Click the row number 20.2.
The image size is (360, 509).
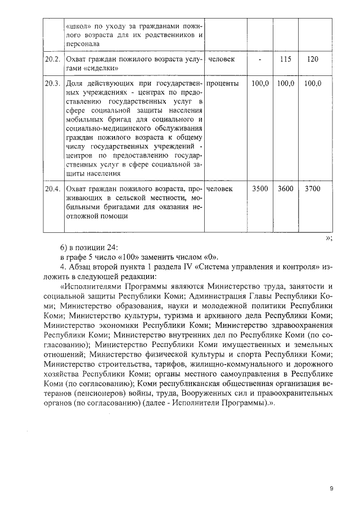(52, 59)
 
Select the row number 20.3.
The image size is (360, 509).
(52, 84)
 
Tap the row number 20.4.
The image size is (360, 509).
(52, 189)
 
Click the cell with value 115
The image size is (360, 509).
(285, 59)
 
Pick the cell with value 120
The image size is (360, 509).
(313, 59)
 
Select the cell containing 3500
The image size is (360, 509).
(259, 189)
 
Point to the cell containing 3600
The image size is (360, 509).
(285, 189)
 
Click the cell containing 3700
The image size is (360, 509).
(313, 189)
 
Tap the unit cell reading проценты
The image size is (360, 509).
(223, 84)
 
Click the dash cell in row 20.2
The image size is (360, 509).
(259, 59)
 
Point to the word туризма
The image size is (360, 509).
(175, 316)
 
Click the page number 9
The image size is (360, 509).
(331, 489)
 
